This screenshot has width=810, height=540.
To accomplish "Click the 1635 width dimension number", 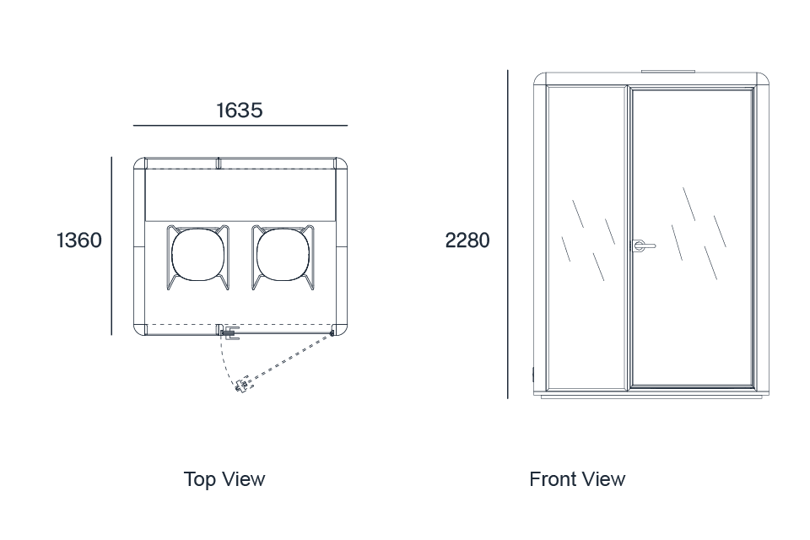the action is (239, 110).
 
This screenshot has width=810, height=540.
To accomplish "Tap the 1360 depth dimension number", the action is (79, 240).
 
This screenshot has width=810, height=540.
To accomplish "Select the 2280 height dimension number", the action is (467, 240).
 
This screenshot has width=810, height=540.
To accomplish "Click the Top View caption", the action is (224, 479).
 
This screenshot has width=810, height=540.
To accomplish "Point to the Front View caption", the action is (577, 479).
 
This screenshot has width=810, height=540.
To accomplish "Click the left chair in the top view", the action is (197, 256).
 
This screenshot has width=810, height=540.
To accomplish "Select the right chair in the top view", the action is (283, 256).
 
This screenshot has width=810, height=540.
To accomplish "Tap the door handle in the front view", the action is (644, 246).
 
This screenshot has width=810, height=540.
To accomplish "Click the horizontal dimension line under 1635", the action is (240, 125).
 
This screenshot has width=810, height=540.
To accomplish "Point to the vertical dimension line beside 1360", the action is (111, 246).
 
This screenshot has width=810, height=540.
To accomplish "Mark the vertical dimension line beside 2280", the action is (508, 234).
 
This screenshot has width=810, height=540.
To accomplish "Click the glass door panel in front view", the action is (692, 238).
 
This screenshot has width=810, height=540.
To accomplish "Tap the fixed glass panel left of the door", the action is (586, 238).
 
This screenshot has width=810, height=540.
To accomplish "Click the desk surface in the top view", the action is (240, 195).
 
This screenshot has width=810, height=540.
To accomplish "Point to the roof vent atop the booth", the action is (668, 72).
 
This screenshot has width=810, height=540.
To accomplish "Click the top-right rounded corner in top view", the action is (341, 163).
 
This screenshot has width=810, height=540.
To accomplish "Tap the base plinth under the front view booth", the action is (651, 397).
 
